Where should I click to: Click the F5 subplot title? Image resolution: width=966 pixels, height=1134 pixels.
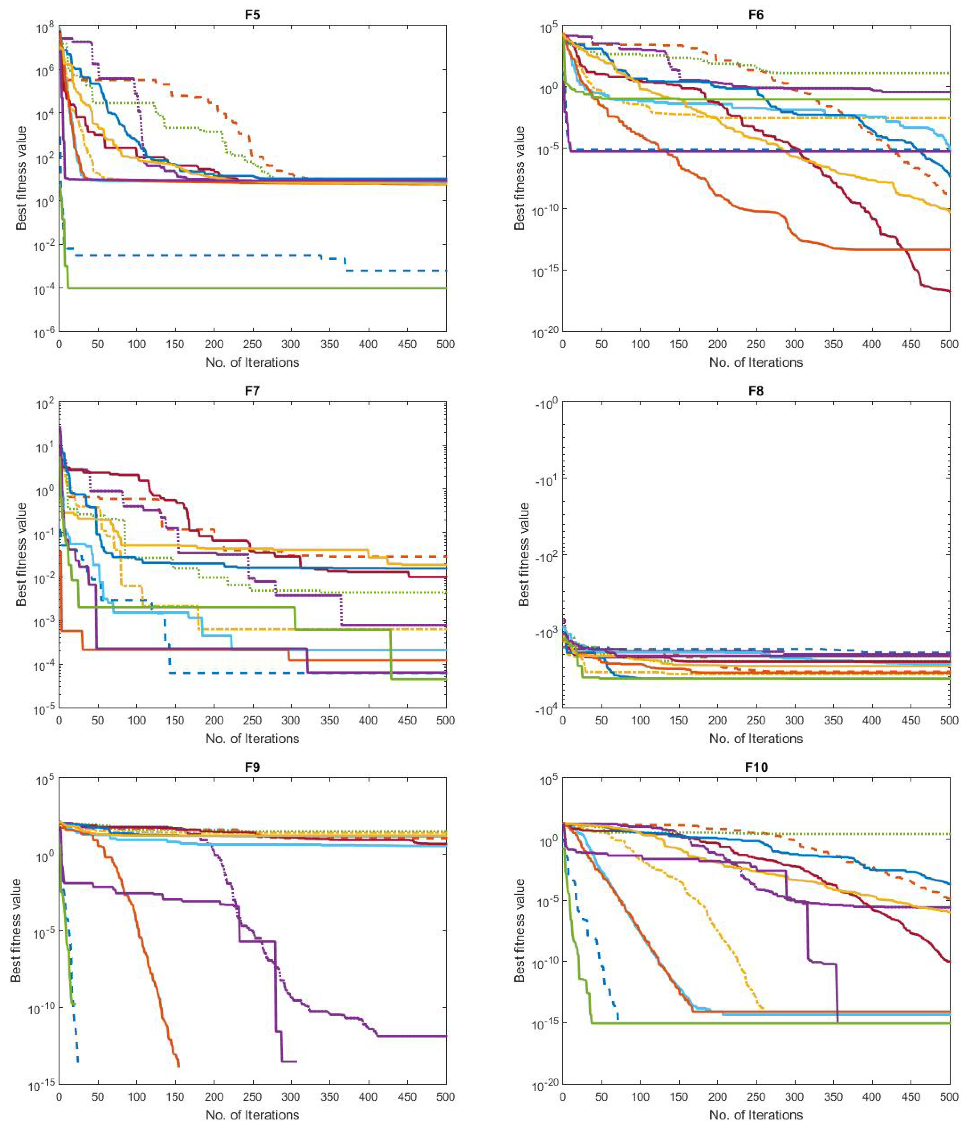pos(252,15)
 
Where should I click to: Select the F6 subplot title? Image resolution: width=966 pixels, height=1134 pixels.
pos(756,15)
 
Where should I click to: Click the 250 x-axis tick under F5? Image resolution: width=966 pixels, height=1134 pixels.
pos(252,344)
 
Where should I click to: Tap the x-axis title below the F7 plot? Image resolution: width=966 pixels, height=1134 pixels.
pos(252,738)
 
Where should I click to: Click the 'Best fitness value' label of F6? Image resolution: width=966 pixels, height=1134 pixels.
pos(520,178)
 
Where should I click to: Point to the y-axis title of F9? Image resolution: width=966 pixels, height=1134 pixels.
pos(16,930)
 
